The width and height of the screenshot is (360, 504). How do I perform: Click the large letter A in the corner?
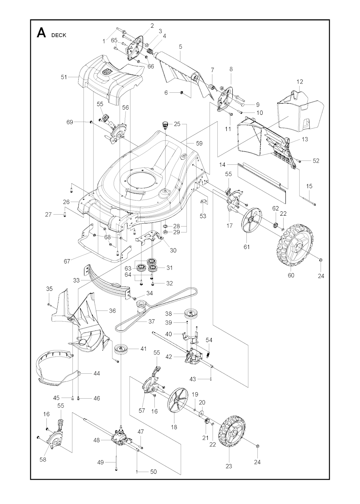[41, 33]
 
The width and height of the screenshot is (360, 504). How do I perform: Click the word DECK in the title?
[59, 35]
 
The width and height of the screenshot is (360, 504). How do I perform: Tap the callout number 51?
[64, 77]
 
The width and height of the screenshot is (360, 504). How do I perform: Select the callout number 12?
[300, 81]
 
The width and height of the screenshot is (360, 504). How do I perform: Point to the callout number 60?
[291, 275]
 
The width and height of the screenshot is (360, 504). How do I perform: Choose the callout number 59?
[199, 143]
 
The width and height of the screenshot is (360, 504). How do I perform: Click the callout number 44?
[96, 373]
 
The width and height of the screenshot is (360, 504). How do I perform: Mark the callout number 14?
[222, 164]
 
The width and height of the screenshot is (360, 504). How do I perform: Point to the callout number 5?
[180, 46]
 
